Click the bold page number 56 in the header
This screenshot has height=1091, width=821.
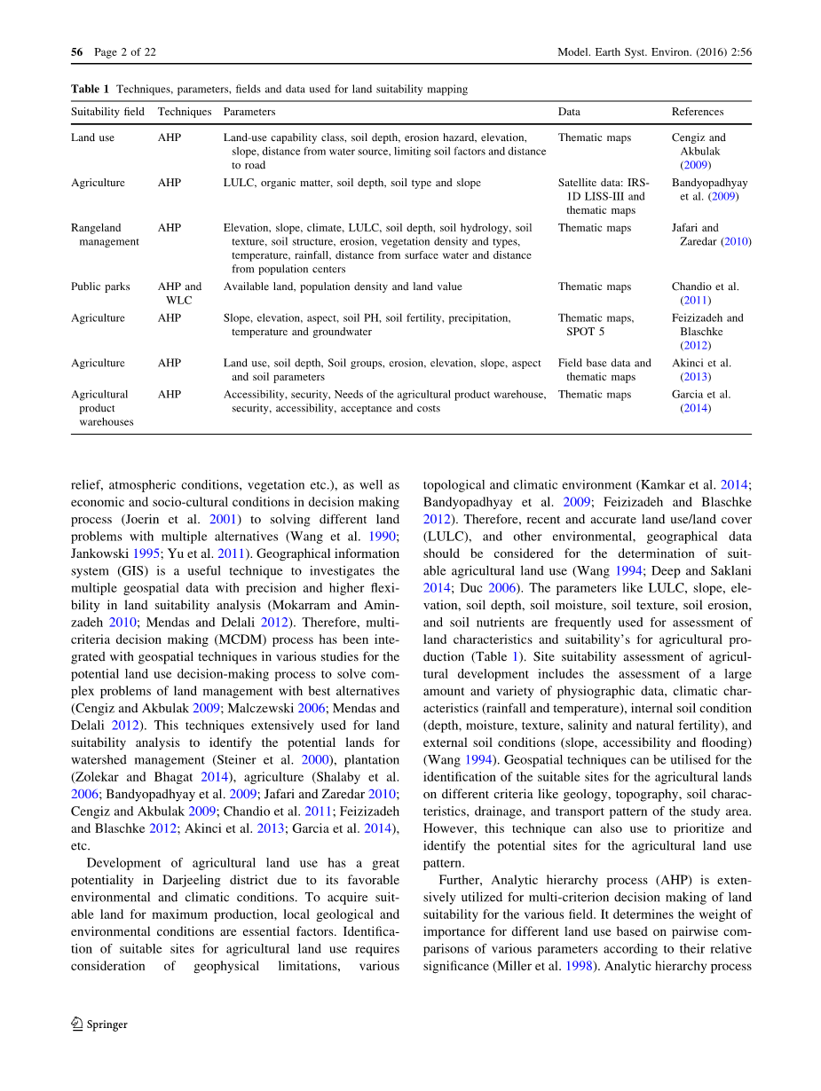tap(76, 52)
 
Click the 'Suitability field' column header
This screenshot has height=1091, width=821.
tap(107, 112)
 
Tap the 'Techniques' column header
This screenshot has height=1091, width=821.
tap(185, 112)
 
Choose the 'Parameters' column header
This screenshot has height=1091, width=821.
tap(249, 112)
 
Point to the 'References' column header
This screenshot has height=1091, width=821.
tap(698, 112)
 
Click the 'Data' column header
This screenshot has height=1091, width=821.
tap(569, 112)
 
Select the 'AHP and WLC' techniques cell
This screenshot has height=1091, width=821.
tap(179, 294)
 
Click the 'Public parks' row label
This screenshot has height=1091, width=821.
tap(100, 286)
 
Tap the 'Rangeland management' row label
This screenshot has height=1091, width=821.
tap(105, 234)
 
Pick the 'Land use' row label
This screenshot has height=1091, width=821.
tap(92, 137)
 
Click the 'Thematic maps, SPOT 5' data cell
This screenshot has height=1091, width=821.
tap(596, 325)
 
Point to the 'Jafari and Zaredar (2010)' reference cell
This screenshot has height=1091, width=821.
tap(711, 234)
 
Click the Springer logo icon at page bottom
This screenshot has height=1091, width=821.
tap(77, 1024)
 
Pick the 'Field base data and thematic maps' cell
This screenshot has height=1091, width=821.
tap(604, 370)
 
